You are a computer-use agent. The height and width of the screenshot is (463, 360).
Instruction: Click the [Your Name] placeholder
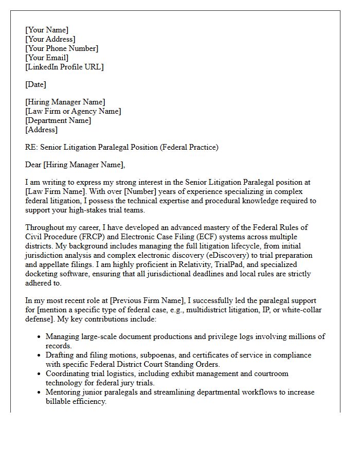tap(46, 30)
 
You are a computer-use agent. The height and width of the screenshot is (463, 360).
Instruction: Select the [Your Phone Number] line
tap(61, 48)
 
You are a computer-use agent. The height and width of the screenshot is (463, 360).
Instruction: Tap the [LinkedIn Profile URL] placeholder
tap(64, 67)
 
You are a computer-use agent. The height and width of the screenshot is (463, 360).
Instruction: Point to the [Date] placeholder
tap(35, 84)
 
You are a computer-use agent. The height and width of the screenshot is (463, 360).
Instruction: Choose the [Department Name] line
tap(58, 120)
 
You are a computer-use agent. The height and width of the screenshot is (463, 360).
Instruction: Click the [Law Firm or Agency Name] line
tap(73, 111)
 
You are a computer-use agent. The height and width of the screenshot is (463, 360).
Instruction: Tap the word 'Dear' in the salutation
tap(33, 165)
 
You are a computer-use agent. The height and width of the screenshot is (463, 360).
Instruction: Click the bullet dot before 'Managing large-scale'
tap(40, 337)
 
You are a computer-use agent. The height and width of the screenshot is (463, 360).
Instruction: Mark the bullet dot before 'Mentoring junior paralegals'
tap(40, 393)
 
